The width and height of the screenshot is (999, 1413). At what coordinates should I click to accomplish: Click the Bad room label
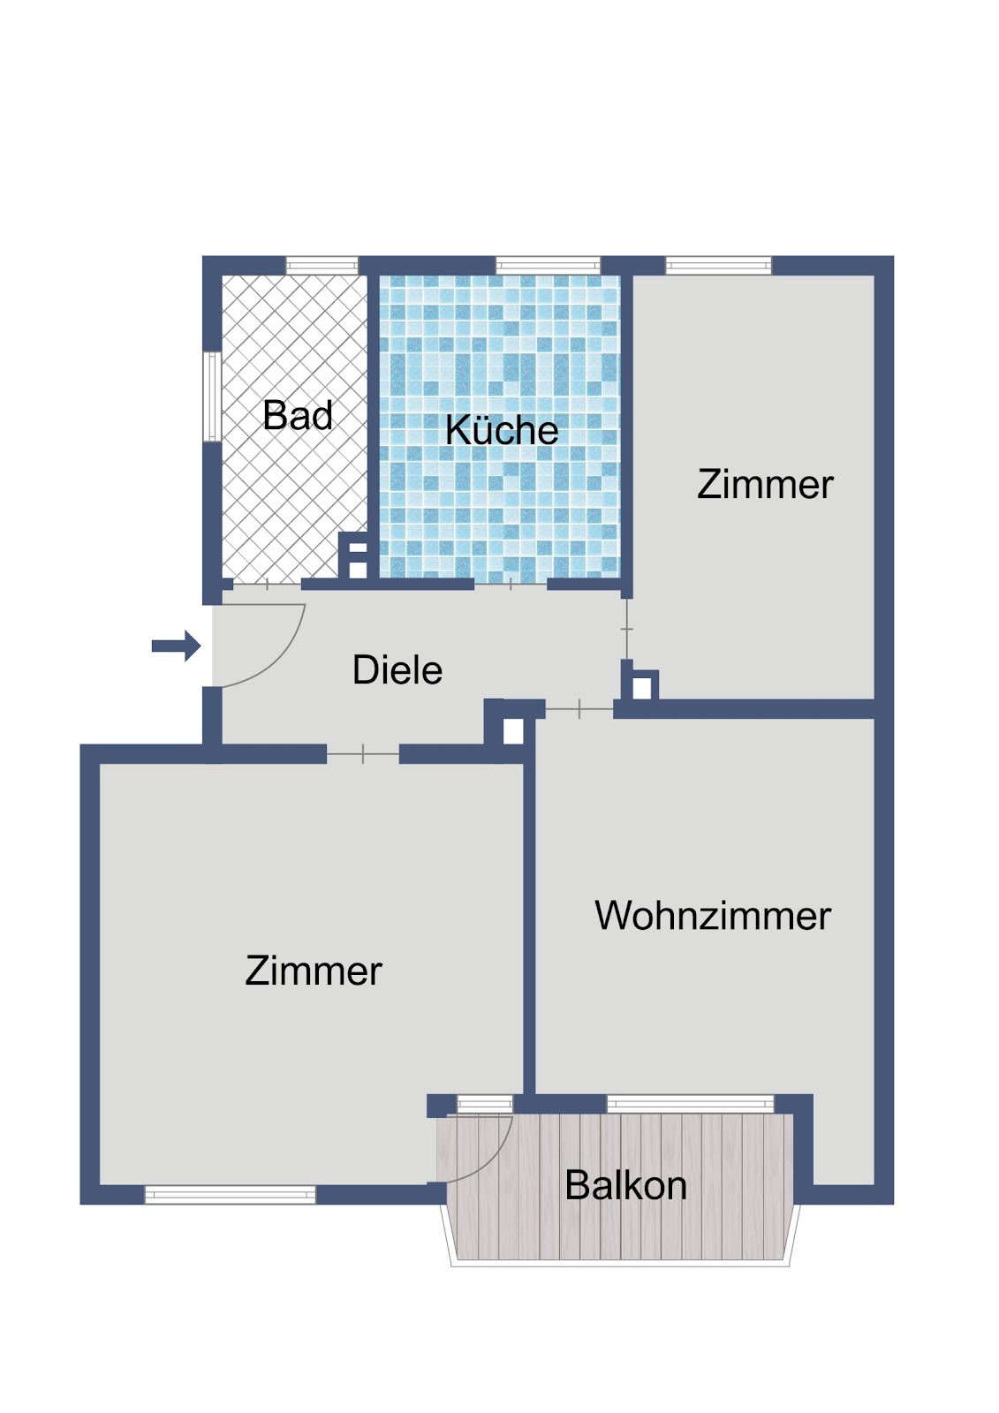pos(298,415)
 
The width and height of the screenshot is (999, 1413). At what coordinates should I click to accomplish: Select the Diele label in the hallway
pos(397,669)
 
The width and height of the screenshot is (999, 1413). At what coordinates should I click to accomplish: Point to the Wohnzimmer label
pos(713,915)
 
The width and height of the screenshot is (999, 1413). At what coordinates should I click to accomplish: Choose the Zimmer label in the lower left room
pos(313,971)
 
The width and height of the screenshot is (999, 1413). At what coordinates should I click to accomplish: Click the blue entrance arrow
pos(176,646)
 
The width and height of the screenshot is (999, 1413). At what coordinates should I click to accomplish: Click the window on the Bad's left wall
pos(212,397)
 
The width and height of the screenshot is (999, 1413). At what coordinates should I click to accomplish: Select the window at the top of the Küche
pos(548,266)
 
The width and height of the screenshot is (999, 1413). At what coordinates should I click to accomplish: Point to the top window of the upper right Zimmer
pos(718,266)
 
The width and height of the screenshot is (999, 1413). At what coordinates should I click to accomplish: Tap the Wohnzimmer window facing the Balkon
pos(690,1103)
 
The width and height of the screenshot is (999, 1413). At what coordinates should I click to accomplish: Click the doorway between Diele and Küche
pos(510,584)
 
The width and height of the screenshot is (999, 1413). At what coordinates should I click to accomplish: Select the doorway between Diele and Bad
pos(267,584)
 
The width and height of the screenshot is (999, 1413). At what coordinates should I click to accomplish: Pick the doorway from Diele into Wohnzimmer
pos(579,709)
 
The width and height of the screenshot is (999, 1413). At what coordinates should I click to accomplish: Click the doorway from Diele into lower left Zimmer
pos(363,753)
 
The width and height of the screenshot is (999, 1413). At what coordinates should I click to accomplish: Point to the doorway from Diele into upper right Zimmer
pos(626,629)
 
